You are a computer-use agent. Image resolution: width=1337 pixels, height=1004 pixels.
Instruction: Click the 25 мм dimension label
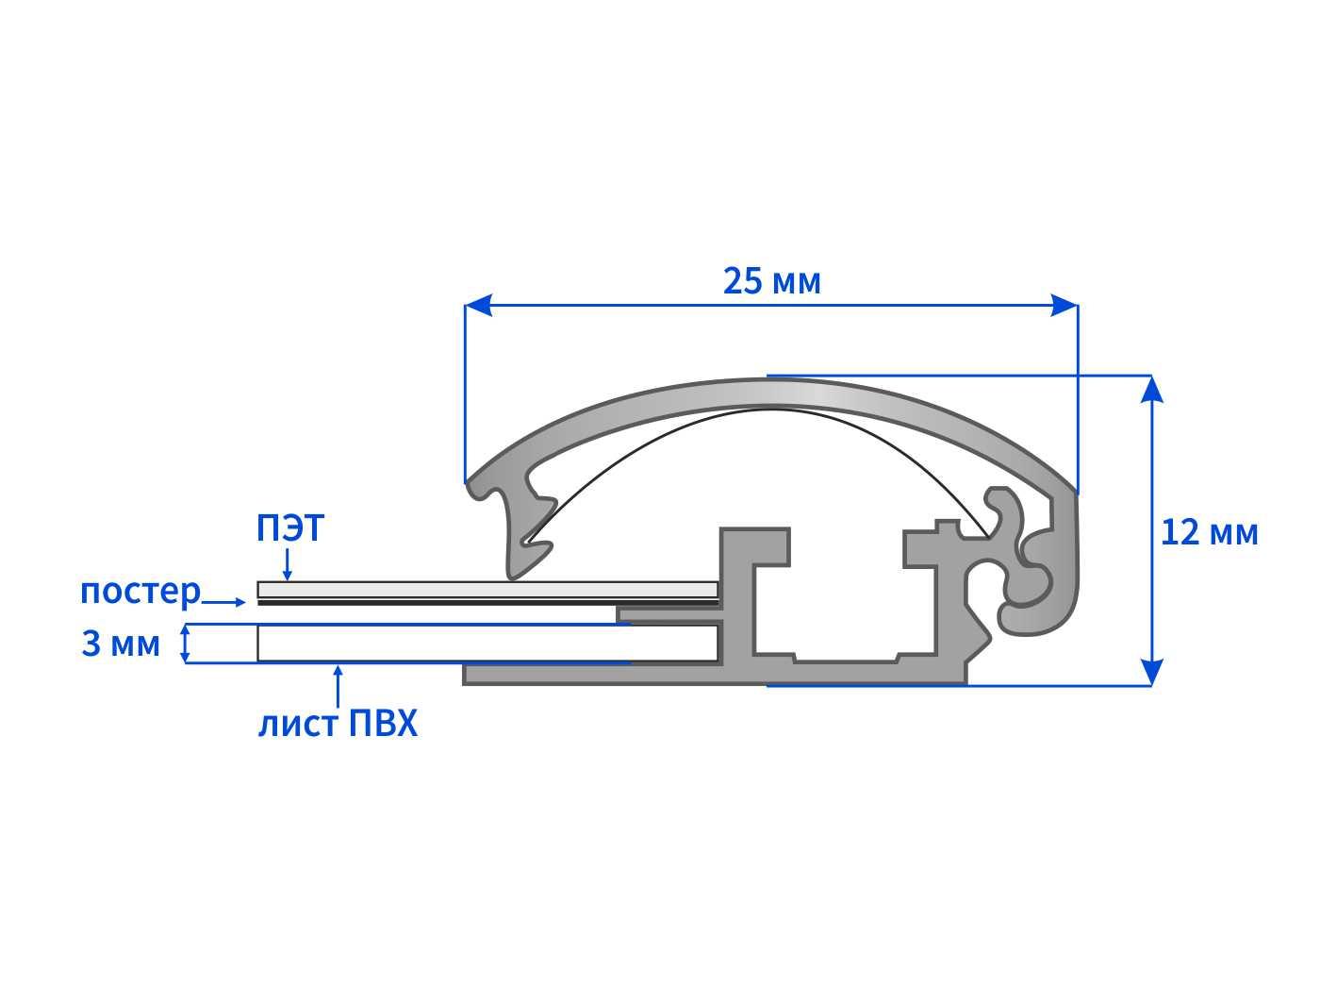(771, 281)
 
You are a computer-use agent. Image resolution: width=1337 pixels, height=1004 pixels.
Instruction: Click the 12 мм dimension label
(1209, 532)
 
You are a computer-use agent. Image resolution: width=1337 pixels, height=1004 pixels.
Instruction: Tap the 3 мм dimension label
(121, 644)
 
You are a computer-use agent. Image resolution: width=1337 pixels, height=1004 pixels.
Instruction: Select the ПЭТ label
(290, 527)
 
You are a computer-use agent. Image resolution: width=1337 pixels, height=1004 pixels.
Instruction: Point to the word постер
(140, 592)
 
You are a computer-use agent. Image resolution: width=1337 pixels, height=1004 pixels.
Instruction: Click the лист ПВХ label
(338, 725)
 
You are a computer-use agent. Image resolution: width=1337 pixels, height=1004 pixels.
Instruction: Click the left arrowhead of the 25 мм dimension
(477, 305)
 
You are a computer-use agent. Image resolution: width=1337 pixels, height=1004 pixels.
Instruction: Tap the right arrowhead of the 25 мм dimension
(1065, 305)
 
